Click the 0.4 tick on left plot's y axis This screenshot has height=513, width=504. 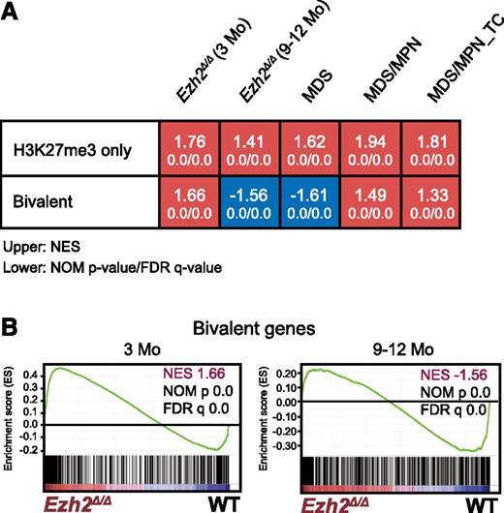(x=31, y=372)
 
